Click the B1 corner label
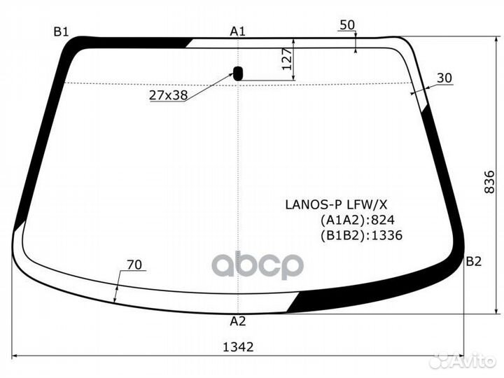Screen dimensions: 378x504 click(x=61, y=31)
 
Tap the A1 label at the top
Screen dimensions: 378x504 click(x=238, y=31)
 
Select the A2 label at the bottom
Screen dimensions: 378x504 click(x=238, y=322)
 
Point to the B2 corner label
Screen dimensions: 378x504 click(x=474, y=262)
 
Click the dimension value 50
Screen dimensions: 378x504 click(x=346, y=25)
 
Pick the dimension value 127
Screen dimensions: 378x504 click(x=286, y=61)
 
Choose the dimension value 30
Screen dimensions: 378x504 click(x=444, y=78)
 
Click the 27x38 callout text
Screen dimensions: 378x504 click(x=168, y=95)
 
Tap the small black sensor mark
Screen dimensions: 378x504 click(x=238, y=73)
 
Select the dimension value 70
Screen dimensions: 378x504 click(x=135, y=265)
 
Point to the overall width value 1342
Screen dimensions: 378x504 click(x=238, y=346)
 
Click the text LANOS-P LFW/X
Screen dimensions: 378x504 click(x=335, y=204)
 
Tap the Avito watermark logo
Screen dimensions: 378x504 click(x=462, y=360)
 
